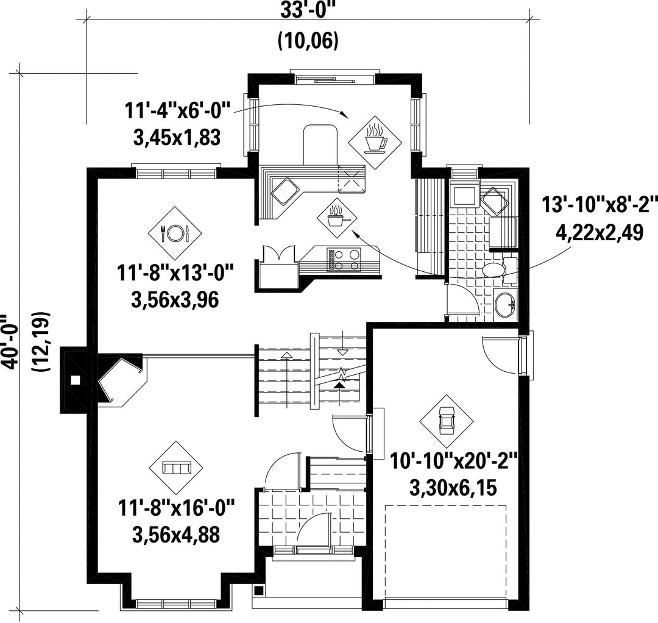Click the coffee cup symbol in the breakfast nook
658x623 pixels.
coord(375,138)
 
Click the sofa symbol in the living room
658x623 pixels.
coord(176,468)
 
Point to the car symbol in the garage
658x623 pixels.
coord(446,421)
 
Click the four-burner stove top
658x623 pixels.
coord(344,260)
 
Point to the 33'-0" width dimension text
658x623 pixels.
coord(308,9)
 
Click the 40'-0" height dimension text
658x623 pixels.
coord(9,343)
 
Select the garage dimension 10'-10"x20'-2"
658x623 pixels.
coord(453,462)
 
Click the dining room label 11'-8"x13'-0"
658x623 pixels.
coord(175,274)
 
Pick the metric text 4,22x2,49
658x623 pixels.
coord(600,232)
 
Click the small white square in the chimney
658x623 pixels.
coord(76,380)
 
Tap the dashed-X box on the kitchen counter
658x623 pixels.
coord(352,180)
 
